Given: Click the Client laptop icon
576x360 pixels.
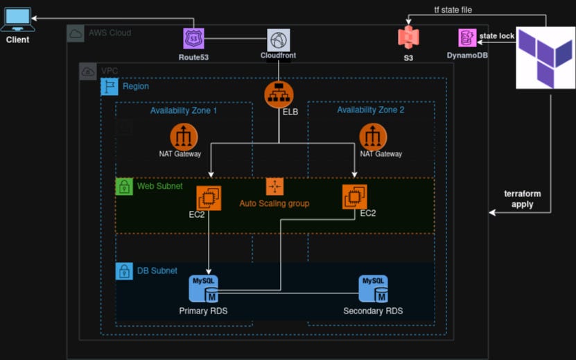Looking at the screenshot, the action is [17, 19].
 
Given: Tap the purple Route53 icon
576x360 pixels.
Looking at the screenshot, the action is [193, 39].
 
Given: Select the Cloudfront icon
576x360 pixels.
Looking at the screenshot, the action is [279, 40].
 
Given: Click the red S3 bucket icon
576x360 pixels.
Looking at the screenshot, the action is [408, 37].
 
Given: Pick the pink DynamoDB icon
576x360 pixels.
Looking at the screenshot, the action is [467, 38].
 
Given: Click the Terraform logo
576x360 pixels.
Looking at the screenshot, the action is [546, 58].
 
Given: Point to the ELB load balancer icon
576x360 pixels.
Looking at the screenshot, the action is [279, 94].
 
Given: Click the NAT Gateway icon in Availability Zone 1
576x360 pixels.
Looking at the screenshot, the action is [184, 137].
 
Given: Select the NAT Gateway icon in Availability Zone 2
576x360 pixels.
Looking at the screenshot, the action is [373, 137].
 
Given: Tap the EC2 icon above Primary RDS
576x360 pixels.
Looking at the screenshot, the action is [209, 198].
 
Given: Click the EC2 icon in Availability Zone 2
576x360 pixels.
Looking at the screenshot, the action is [354, 197].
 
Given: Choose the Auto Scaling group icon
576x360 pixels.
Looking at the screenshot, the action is [274, 187].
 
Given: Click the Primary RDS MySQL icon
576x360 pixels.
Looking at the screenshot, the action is [204, 289].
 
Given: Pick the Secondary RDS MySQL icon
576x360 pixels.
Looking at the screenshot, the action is [373, 289].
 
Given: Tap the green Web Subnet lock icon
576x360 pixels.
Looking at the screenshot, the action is [124, 187].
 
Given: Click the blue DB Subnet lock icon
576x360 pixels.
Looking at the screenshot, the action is [124, 271].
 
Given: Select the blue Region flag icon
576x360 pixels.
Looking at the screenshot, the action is [110, 87].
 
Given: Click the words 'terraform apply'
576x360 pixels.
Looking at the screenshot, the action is [523, 199].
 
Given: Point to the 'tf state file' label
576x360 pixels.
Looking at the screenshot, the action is [453, 10].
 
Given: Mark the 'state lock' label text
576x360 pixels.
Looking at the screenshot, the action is [497, 36].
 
